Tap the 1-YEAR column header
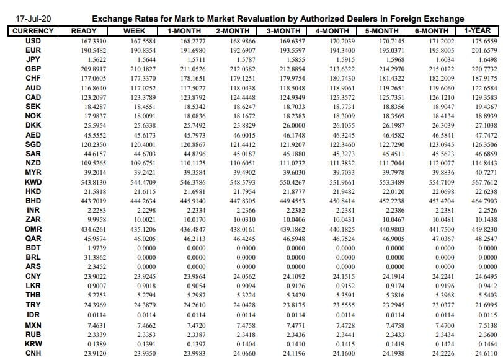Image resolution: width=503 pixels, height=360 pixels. click(x=477, y=30)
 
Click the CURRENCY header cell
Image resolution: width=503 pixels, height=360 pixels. click(x=33, y=31)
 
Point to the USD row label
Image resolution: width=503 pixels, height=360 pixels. click(x=33, y=40)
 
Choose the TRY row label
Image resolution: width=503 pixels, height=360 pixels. click(x=33, y=305)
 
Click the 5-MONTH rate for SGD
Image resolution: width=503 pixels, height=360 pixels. click(x=383, y=144)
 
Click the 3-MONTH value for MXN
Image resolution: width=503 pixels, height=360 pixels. click(x=284, y=325)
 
